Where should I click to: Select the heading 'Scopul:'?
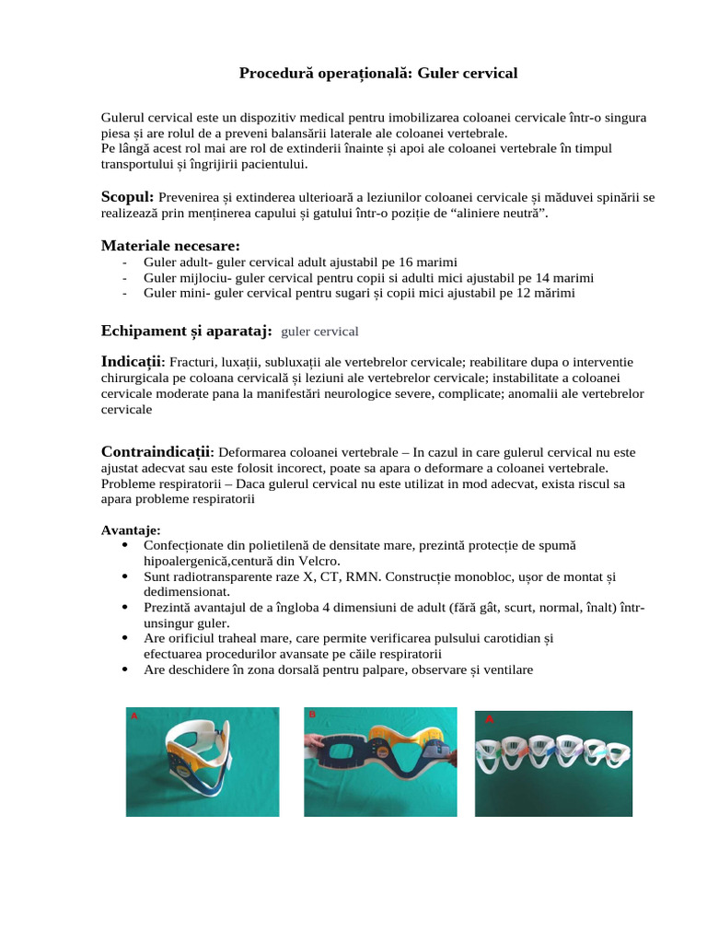[x=127, y=196]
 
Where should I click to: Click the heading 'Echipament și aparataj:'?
[x=186, y=330]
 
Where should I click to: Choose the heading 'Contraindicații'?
[x=156, y=451]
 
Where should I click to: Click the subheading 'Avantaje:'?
[x=130, y=530]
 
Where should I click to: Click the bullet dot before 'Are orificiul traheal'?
[x=124, y=637]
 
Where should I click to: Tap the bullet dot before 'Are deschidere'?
[x=124, y=669]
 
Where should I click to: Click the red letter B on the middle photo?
[x=312, y=715]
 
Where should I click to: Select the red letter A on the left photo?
[x=134, y=716]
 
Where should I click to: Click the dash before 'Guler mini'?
[x=124, y=293]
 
